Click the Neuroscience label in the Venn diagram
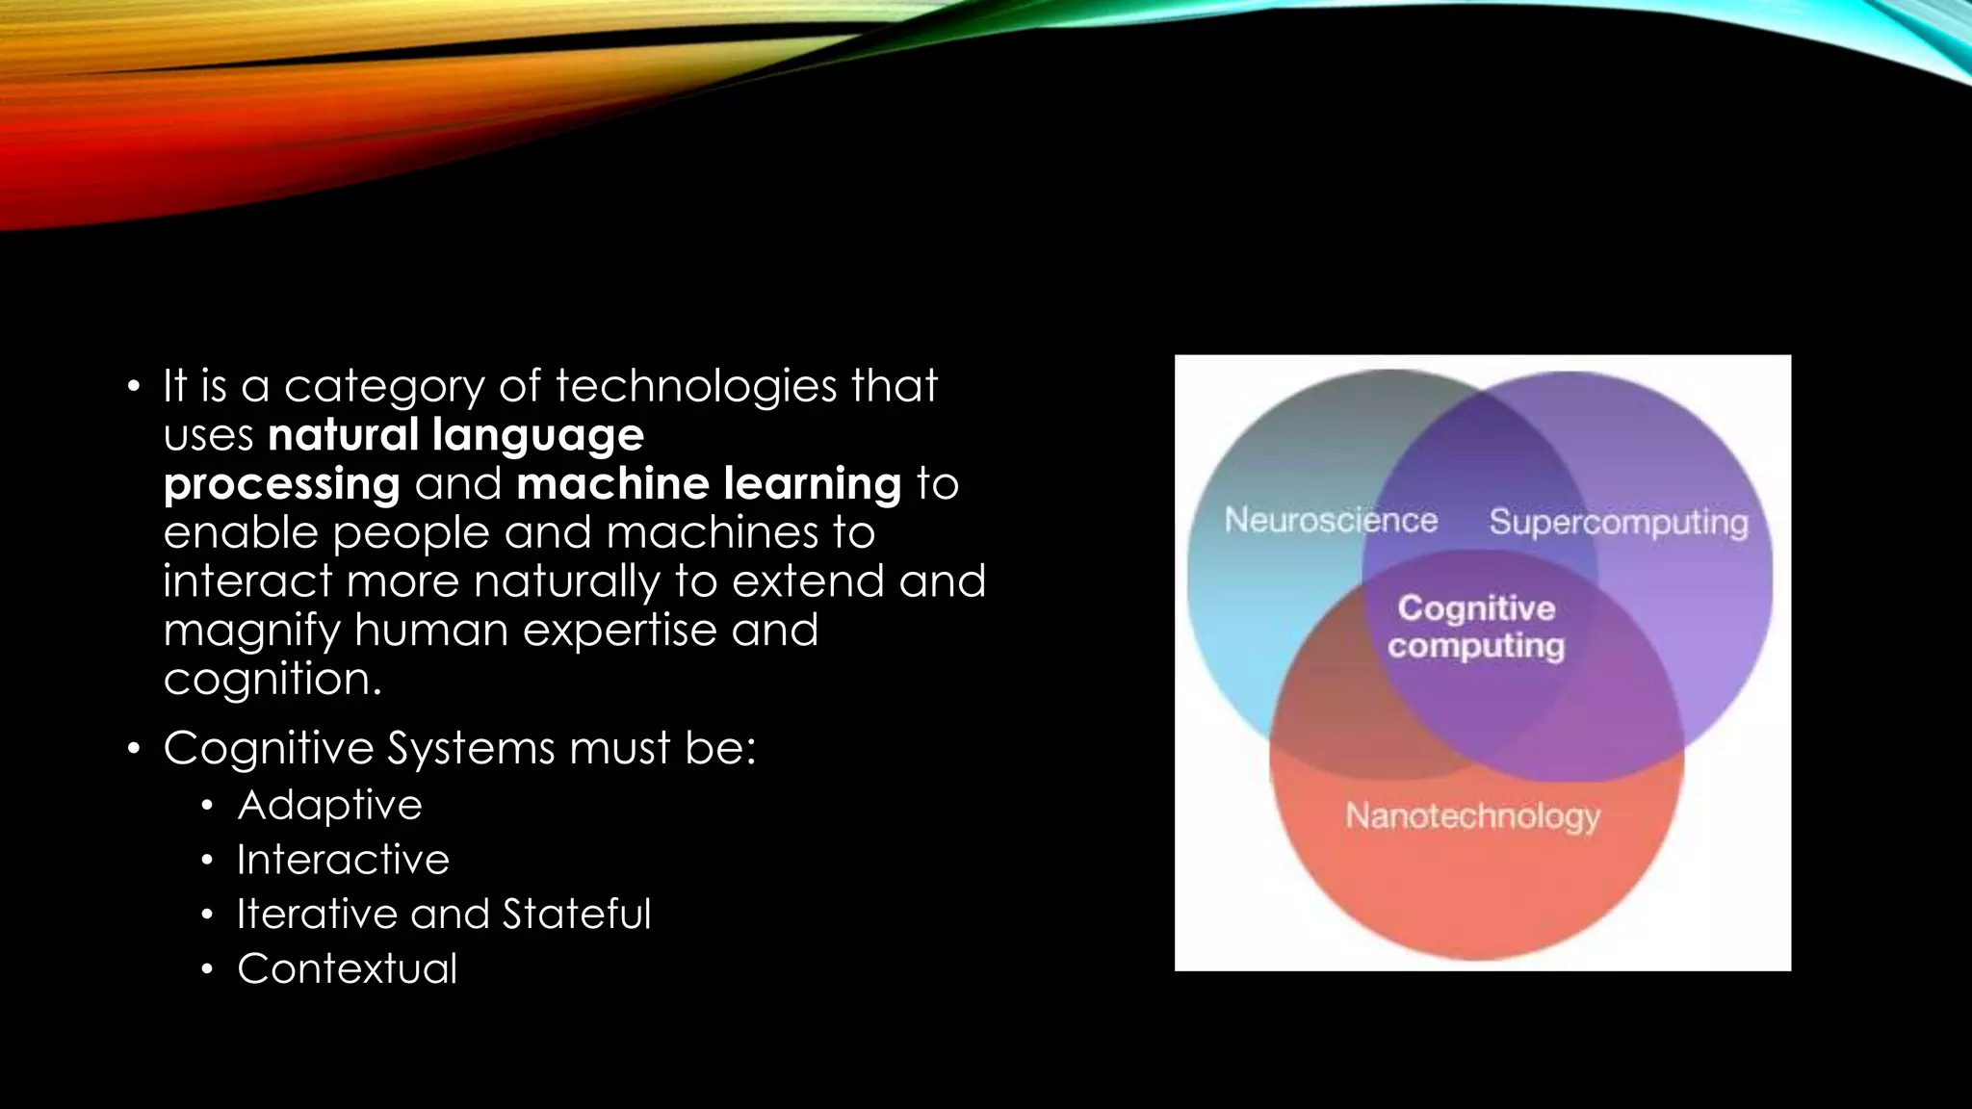[1331, 521]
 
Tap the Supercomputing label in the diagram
[1618, 523]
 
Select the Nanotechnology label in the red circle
[1472, 816]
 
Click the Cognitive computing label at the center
[1476, 627]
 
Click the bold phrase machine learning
[709, 483]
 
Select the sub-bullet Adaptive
[329, 805]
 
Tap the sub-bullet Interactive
[343, 860]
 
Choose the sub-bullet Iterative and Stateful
[444, 915]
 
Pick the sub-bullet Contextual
[347, 968]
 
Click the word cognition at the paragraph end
[272, 680]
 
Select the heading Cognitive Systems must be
[459, 748]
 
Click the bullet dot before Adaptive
[207, 806]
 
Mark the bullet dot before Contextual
[207, 969]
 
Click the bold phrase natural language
[455, 435]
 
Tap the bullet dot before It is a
[134, 387]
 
